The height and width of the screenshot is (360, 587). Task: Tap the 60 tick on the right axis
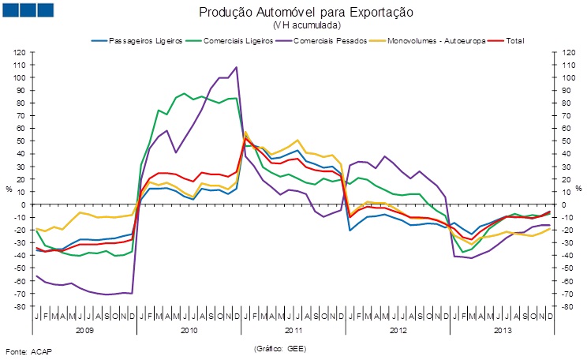(x=566, y=129)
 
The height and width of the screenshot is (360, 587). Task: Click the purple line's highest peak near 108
(x=237, y=68)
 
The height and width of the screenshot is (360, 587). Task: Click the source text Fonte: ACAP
(x=28, y=349)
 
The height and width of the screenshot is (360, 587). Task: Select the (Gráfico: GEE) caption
(x=279, y=348)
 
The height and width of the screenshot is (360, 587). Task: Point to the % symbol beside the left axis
(x=9, y=189)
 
